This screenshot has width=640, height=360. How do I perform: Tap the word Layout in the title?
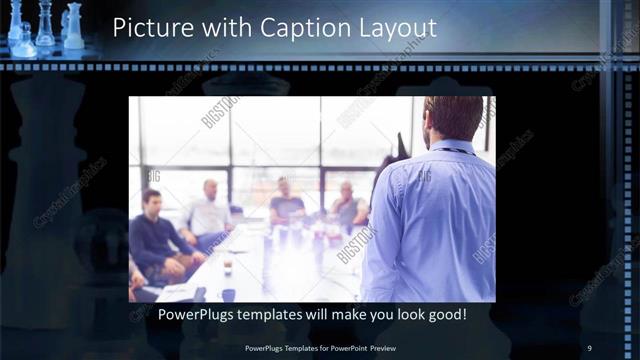(397, 27)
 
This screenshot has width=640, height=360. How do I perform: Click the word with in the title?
(223, 27)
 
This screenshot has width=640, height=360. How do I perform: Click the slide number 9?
(589, 347)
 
